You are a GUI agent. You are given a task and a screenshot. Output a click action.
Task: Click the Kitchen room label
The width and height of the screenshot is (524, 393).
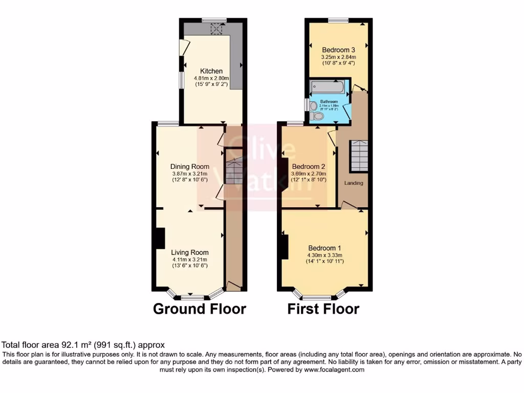pos(211,71)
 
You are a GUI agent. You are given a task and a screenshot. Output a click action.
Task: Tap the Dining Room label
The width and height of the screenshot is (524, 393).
pos(190,166)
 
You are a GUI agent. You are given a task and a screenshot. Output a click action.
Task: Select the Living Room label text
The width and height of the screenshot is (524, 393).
pos(190,252)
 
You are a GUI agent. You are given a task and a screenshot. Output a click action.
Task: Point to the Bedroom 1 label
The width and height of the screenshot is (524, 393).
pos(324,248)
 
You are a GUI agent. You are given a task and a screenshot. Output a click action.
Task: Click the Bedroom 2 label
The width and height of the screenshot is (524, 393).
pos(309,166)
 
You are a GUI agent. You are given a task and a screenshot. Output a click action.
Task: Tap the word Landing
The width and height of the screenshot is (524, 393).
pos(354,183)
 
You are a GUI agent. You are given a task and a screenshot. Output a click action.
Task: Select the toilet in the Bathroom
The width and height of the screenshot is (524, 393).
pos(317,116)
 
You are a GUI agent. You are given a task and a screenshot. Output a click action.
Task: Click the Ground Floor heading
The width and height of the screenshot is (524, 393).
pos(200,309)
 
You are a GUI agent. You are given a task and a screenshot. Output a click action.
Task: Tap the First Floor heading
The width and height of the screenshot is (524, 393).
pos(323,309)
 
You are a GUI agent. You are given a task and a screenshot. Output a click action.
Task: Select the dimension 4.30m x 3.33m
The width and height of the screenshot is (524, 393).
pos(324,255)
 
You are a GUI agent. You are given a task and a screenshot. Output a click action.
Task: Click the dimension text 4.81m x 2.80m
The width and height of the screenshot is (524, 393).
pos(211,78)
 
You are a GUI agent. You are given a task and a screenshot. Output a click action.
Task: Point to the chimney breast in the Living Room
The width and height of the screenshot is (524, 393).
pos(160,238)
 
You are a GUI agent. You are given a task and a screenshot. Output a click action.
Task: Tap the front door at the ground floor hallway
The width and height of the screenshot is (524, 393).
pos(233,287)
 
